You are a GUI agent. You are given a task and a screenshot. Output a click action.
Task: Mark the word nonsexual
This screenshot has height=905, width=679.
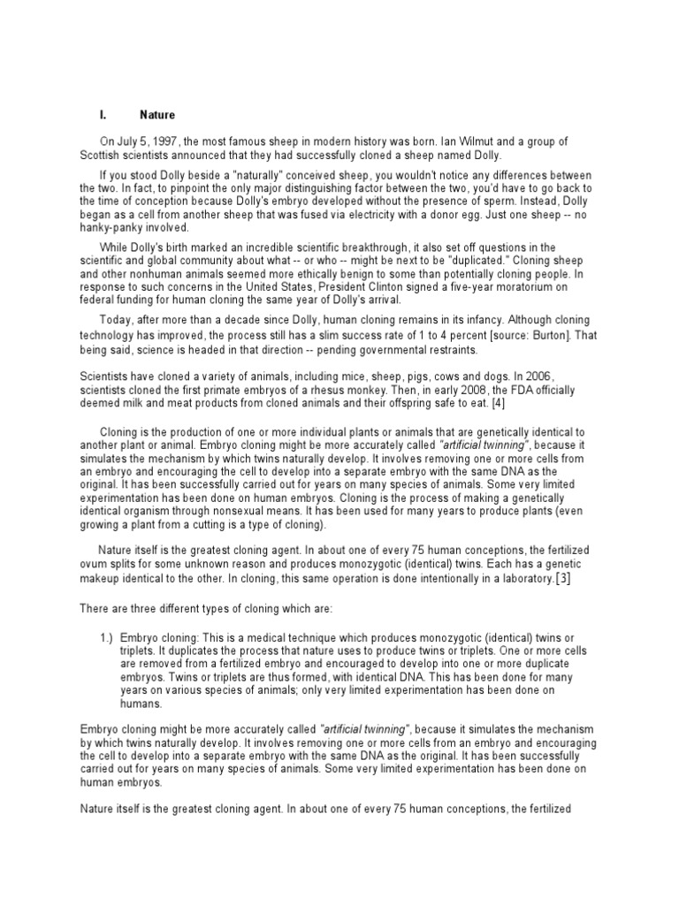(259, 512)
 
